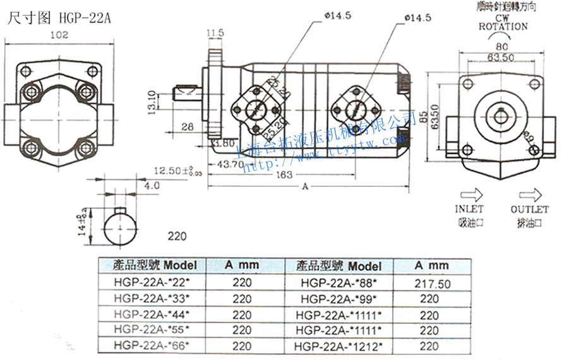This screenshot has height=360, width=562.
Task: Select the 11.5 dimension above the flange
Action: (215, 32)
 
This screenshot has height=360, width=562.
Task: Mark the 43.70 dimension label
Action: (230, 164)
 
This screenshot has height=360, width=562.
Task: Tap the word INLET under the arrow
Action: (469, 208)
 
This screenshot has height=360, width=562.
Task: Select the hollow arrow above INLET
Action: (471, 193)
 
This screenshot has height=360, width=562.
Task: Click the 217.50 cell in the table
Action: (433, 284)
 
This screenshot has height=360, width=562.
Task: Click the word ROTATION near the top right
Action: (503, 27)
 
